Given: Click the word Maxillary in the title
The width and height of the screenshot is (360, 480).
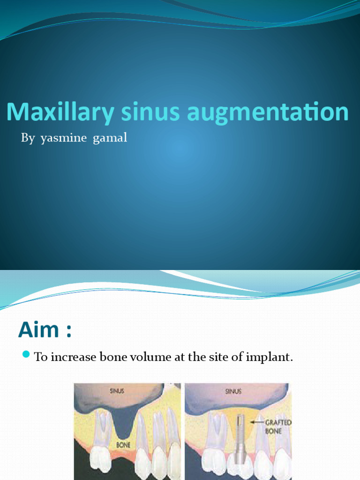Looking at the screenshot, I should click(60, 113).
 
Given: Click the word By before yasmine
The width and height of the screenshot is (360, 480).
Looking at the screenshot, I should click(28, 138).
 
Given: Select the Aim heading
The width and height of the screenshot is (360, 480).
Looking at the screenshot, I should click(45, 330).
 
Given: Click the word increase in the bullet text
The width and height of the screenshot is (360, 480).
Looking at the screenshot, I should click(72, 357).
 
